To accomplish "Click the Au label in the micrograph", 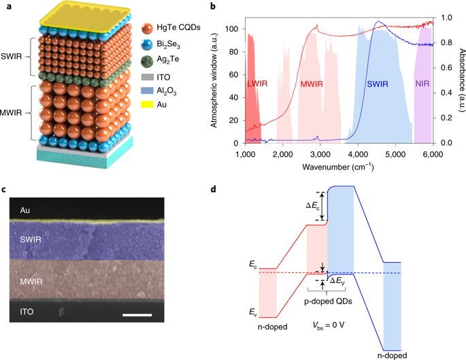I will coord(24,211).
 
